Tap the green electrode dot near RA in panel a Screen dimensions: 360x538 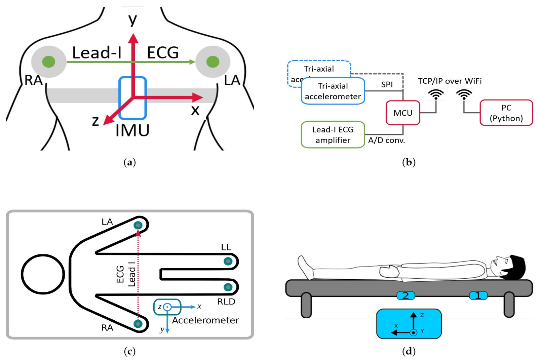(x=49, y=62)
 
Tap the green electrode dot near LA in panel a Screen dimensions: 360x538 (x=213, y=62)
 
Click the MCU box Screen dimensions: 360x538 (x=403, y=113)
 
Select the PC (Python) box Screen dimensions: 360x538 (x=506, y=113)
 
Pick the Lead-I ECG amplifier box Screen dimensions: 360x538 (x=333, y=135)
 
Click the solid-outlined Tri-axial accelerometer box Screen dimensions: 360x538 (x=333, y=91)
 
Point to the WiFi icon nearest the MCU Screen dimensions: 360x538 (x=436, y=94)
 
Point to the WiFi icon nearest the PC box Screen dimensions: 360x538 (x=464, y=94)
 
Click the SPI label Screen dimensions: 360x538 (x=387, y=84)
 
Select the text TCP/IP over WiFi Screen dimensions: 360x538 (x=450, y=81)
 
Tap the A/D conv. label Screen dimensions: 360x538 (x=386, y=140)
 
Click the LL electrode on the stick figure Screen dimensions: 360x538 (x=228, y=261)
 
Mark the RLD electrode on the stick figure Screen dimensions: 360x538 (x=228, y=287)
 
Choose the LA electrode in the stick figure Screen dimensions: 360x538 (x=138, y=225)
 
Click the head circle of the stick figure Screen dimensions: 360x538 (x=43, y=274)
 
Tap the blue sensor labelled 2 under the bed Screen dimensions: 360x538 (x=406, y=295)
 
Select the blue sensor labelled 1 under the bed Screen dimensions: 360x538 (x=478, y=295)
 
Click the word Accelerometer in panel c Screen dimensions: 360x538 (x=205, y=320)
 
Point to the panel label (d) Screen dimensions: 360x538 (x=409, y=351)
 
